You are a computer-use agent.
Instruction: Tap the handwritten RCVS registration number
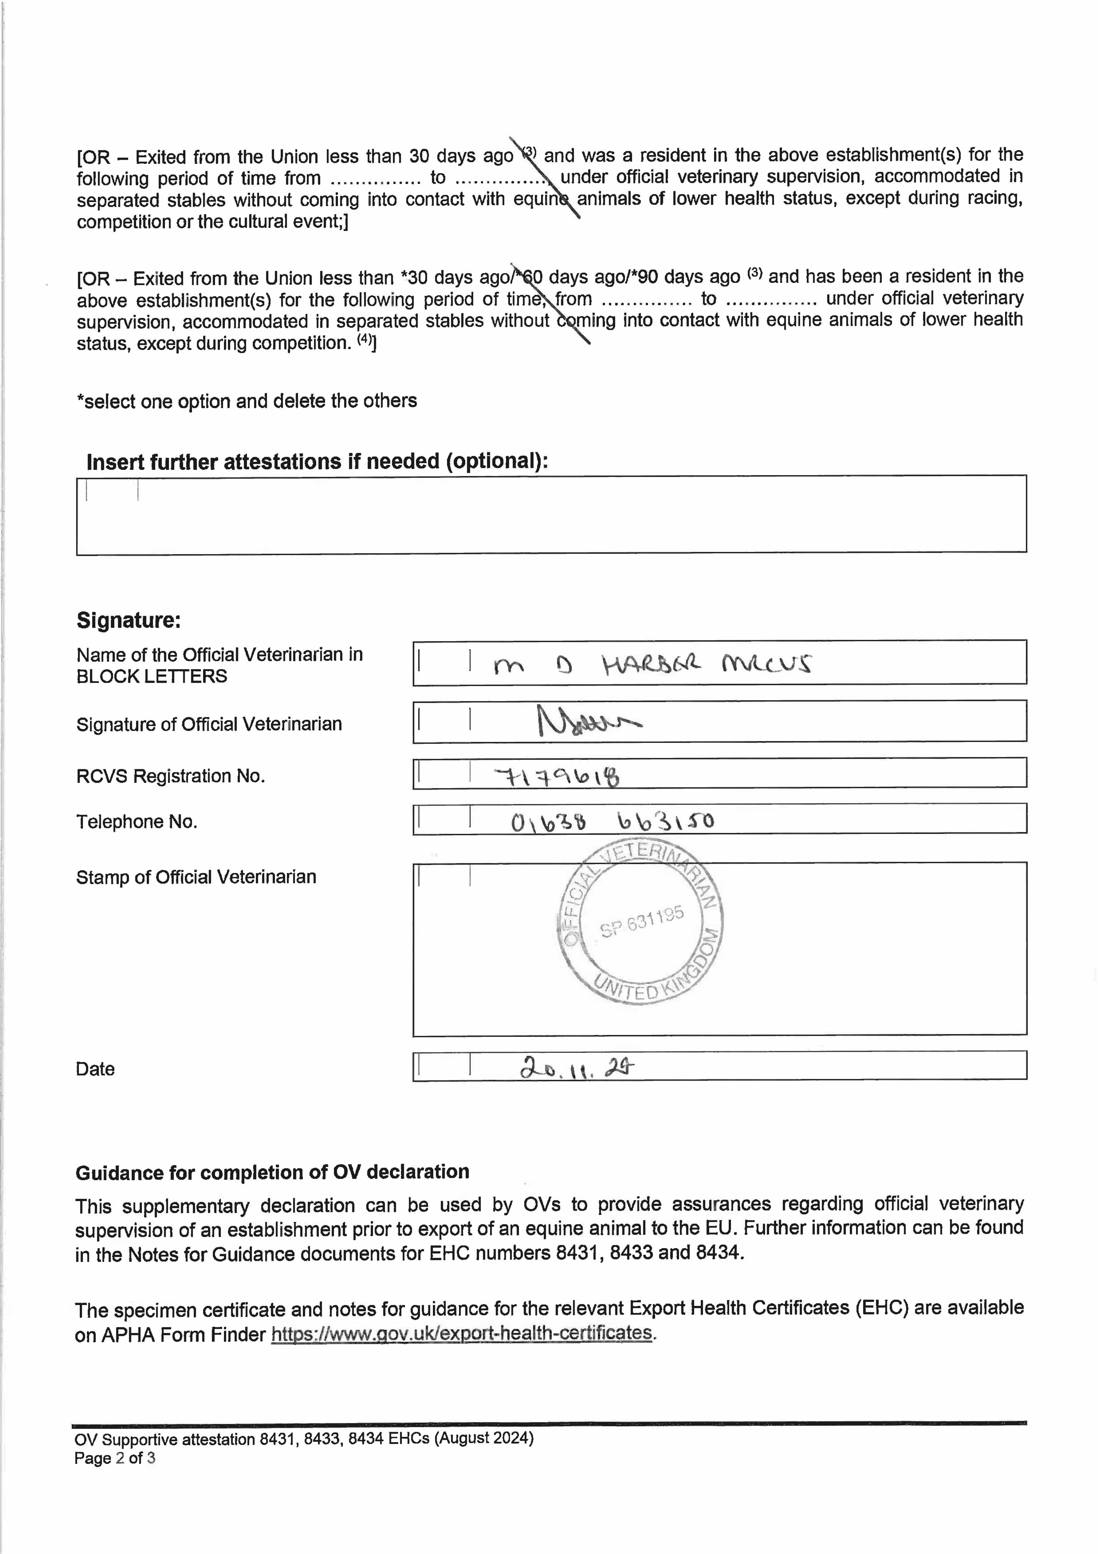(557, 776)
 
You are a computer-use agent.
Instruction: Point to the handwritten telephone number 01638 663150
(612, 822)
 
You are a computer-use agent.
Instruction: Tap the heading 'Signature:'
(129, 620)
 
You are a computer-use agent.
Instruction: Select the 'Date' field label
(95, 1069)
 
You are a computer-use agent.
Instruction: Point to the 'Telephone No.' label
(137, 822)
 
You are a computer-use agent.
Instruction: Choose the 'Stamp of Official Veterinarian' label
(196, 877)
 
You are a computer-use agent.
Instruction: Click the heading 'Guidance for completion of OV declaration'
(272, 1172)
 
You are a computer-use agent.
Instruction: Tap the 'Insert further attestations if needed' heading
(317, 462)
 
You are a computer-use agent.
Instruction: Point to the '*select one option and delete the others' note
(247, 401)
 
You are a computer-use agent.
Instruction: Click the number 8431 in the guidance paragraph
(579, 1253)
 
